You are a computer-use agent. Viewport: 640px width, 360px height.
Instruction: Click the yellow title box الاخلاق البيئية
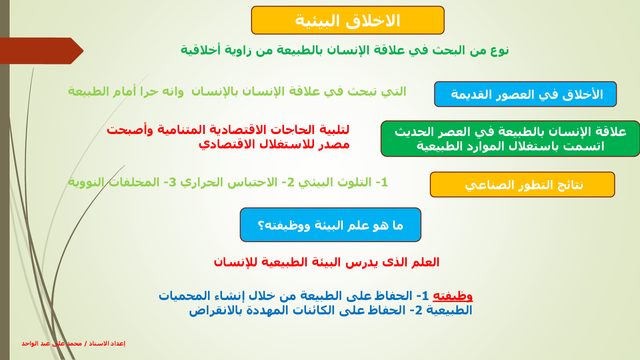(348, 20)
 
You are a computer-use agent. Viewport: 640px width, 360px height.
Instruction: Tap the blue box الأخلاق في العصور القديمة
(525, 94)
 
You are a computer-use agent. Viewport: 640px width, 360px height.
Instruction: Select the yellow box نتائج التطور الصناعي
(522, 184)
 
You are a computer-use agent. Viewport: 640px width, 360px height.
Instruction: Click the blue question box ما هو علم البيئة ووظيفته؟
(330, 225)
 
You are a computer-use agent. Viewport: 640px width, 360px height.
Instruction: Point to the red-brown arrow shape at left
(42, 51)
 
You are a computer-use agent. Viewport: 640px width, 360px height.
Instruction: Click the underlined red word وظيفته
(453, 296)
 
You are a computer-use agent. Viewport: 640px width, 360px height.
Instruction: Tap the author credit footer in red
(74, 344)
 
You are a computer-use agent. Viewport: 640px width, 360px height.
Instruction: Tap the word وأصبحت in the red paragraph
(130, 130)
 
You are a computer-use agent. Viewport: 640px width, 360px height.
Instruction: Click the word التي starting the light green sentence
(396, 92)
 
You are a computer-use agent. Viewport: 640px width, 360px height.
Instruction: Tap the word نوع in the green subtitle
(500, 50)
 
